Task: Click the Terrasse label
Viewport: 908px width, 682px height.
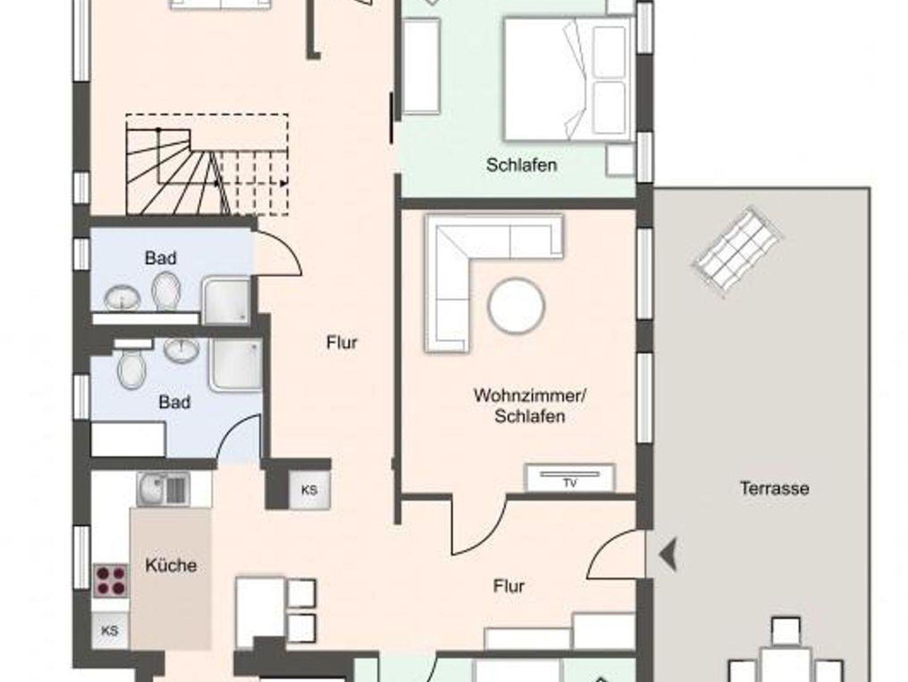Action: tap(775, 488)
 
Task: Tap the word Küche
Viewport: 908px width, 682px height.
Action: tap(171, 565)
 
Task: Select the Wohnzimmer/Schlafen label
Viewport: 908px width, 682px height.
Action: tap(530, 406)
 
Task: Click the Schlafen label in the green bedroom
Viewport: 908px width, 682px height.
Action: tap(521, 165)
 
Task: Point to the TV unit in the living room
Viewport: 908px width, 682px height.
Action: tap(570, 478)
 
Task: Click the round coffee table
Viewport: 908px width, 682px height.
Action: tap(517, 306)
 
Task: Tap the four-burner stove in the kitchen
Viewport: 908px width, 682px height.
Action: tap(111, 581)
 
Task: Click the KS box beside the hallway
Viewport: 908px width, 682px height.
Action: tap(309, 490)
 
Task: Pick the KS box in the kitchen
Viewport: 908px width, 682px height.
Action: tap(110, 631)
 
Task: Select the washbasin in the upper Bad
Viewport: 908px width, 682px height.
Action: tap(122, 297)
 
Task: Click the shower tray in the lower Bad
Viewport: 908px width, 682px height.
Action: tap(235, 366)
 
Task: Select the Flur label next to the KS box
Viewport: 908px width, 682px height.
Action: tap(341, 342)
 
